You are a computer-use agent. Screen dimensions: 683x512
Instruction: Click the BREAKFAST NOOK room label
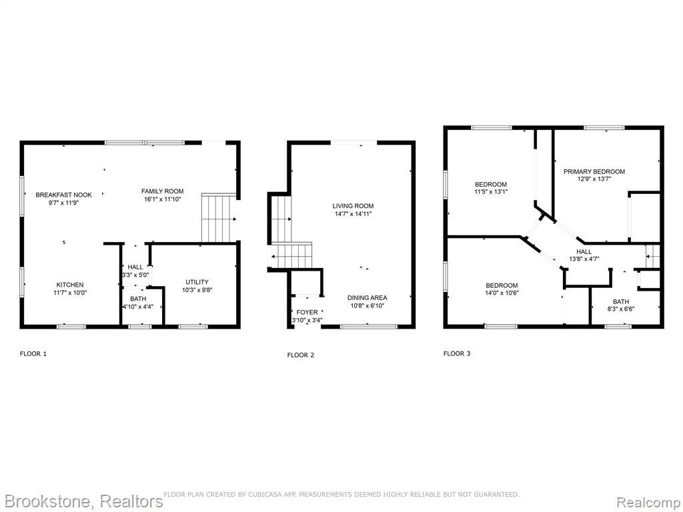click(63, 195)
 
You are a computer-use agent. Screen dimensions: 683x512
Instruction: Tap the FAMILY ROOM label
click(163, 191)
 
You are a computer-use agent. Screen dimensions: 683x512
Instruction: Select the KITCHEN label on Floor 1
click(70, 285)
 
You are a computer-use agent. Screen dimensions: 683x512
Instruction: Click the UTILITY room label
click(197, 282)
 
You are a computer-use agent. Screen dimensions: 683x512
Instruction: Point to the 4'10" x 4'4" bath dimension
click(137, 307)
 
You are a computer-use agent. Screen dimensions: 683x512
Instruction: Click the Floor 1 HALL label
click(135, 267)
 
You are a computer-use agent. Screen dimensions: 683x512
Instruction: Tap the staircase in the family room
click(219, 218)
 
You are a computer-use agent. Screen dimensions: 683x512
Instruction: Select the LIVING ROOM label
click(353, 206)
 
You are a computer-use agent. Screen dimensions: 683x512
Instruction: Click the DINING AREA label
click(368, 298)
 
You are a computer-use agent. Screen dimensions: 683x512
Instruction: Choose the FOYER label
click(307, 312)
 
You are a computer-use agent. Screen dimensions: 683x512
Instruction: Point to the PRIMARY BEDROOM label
click(594, 171)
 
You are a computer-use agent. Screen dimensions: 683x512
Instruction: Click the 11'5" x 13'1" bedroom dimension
click(491, 191)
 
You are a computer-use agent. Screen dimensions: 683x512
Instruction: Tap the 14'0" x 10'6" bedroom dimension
click(502, 293)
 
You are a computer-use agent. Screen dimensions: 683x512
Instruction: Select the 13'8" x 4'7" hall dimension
click(584, 259)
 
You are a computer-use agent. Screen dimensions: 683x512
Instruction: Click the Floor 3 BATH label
click(621, 301)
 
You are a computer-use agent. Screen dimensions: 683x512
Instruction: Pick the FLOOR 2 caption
click(301, 355)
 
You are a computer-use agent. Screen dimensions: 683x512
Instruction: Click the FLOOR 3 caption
click(457, 353)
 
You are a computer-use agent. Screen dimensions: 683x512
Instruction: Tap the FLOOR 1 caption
click(33, 353)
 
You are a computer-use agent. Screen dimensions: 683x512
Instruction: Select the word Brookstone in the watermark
click(48, 501)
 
